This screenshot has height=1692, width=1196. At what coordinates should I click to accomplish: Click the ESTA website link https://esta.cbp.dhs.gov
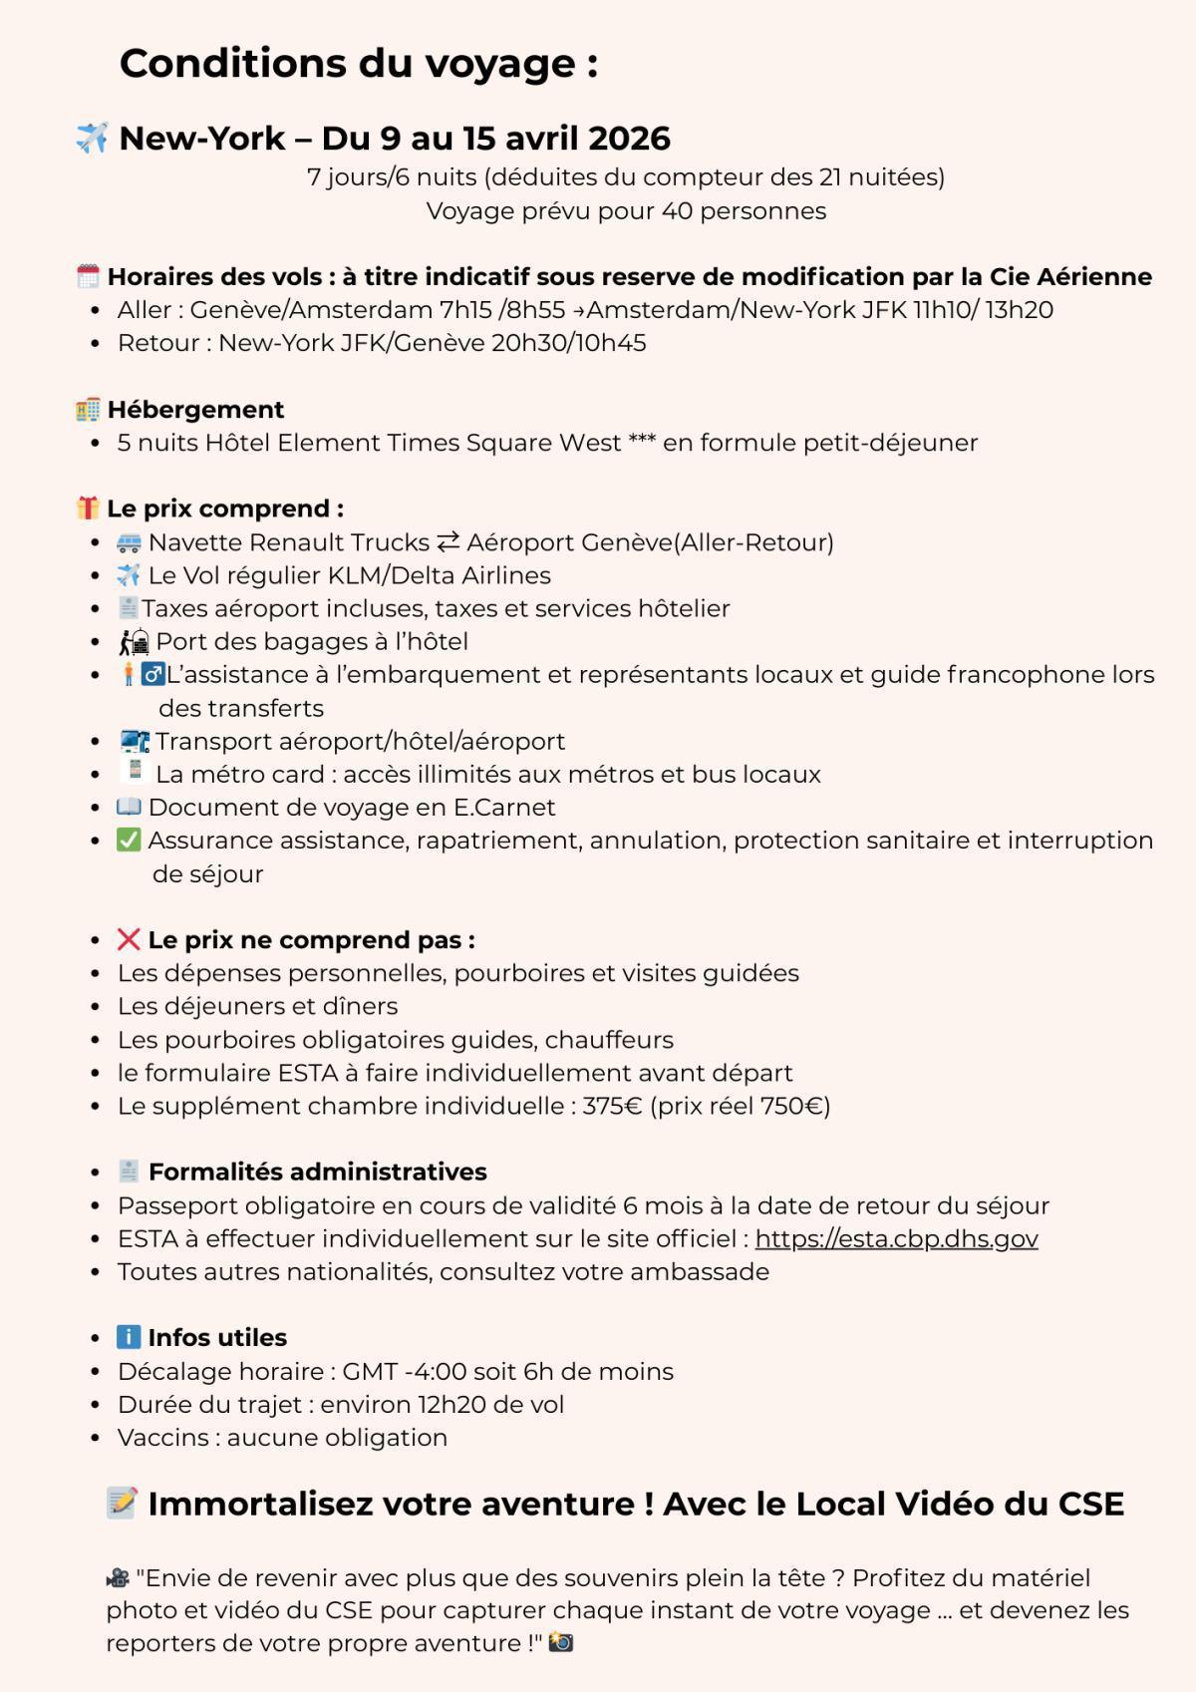(896, 1238)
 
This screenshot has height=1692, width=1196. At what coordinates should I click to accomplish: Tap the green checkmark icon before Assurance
(129, 841)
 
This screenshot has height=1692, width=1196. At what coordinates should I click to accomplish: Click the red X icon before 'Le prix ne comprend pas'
(129, 939)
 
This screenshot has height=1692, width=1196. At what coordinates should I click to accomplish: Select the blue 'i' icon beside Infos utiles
(129, 1337)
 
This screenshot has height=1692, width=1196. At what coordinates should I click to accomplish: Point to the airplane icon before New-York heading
(92, 138)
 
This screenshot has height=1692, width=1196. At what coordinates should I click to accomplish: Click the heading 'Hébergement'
(195, 410)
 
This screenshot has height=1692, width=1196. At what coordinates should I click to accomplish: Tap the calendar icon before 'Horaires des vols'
(88, 276)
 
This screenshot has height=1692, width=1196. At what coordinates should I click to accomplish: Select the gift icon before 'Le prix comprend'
(88, 508)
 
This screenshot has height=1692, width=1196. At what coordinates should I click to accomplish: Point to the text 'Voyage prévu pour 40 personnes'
(626, 211)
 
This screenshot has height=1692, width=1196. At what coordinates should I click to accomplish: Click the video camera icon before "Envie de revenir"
(118, 1578)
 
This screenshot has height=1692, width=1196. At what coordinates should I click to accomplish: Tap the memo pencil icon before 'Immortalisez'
(122, 1503)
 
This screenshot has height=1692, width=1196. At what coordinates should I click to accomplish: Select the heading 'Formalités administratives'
(317, 1172)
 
